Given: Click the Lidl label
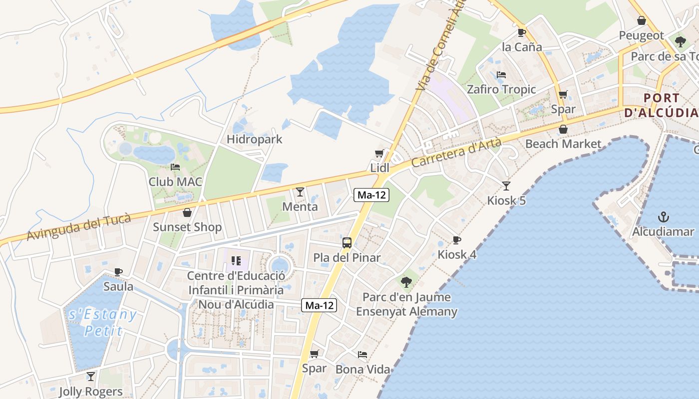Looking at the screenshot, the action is [379, 168].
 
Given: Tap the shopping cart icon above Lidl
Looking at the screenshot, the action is [379, 153].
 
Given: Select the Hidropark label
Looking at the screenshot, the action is [255, 139].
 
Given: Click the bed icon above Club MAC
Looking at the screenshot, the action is [175, 167].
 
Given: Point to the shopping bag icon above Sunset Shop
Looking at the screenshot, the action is [187, 212].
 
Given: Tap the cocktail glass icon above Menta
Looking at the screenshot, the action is [300, 192].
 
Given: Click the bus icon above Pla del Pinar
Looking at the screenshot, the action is [347, 243].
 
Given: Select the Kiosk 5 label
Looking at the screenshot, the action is [506, 200].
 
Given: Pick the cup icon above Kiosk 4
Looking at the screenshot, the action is [456, 240].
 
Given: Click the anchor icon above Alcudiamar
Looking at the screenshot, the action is [663, 217].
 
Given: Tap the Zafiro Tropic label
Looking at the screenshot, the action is [501, 90].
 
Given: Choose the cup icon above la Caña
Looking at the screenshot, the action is [521, 32].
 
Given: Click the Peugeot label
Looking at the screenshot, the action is [642, 36].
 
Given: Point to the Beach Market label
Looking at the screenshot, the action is [563, 144].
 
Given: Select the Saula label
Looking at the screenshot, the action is [118, 287].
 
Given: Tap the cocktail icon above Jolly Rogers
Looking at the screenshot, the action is [90, 376].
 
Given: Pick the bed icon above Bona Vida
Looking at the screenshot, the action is [362, 355].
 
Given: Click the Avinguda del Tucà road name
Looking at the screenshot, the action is [79, 227].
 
